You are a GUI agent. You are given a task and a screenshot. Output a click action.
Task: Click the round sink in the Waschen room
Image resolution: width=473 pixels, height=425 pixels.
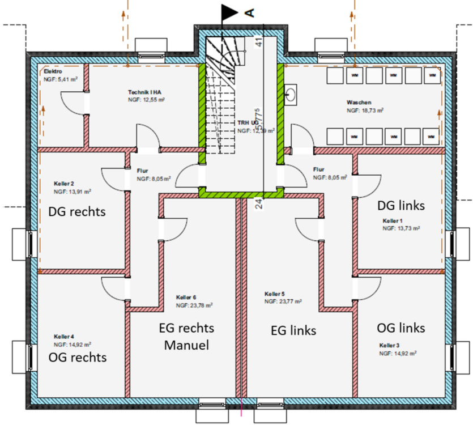(292, 94)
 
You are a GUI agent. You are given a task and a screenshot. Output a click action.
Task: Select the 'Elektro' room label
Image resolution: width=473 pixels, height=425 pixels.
(53, 72)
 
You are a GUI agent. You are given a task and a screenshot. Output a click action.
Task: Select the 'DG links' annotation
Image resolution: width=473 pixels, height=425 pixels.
(400, 205)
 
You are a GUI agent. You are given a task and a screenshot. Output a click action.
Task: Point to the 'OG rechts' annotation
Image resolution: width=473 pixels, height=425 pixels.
(78, 358)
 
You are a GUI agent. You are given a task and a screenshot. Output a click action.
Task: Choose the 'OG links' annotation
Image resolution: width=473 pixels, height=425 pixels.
(401, 328)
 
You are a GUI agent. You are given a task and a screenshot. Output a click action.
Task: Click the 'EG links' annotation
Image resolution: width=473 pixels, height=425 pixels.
(290, 330)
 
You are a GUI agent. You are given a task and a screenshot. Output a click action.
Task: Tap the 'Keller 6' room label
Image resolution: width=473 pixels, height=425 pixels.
(186, 297)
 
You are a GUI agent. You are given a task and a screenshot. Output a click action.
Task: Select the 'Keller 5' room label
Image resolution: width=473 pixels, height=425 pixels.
(275, 294)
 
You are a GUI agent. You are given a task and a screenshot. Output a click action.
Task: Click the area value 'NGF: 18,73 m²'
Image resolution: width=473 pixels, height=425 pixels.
(365, 111)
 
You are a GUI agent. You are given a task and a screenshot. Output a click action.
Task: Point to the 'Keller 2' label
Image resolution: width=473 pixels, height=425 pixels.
(64, 184)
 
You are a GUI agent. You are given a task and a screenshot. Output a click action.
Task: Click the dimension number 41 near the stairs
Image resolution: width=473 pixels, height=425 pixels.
(259, 42)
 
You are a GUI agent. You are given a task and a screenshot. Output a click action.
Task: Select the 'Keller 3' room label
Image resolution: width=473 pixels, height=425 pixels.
(391, 345)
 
